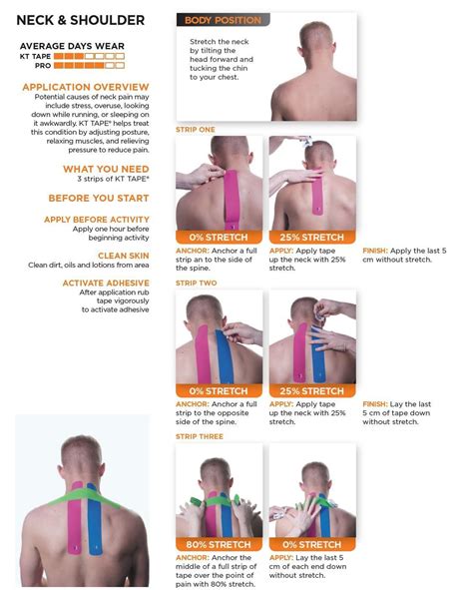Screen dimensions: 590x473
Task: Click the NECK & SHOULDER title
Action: pos(81,20)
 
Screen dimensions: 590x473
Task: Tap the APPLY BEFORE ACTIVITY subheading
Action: pos(97,219)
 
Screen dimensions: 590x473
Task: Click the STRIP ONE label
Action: pos(195,130)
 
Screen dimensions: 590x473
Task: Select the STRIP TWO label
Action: pos(195,283)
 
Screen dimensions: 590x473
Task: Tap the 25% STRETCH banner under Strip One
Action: pos(313,237)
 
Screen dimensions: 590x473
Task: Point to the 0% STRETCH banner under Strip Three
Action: pos(313,544)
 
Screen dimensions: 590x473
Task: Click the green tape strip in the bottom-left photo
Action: pos(80,492)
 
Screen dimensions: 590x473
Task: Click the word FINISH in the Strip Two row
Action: pos(377,403)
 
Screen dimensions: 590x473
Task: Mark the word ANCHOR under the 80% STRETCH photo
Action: pos(193,557)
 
